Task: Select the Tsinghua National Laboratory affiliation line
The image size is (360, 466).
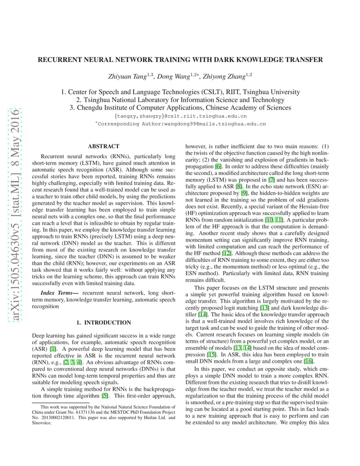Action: point(180,100)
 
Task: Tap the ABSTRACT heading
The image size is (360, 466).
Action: point(103,146)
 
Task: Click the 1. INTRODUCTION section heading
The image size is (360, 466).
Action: point(103,323)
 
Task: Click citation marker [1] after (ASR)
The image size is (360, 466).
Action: point(53,349)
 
